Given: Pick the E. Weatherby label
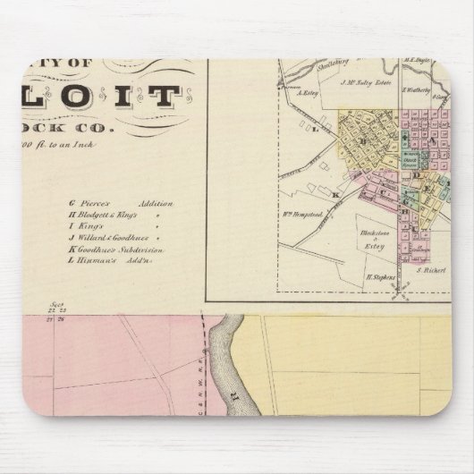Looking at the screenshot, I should click(x=417, y=89).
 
